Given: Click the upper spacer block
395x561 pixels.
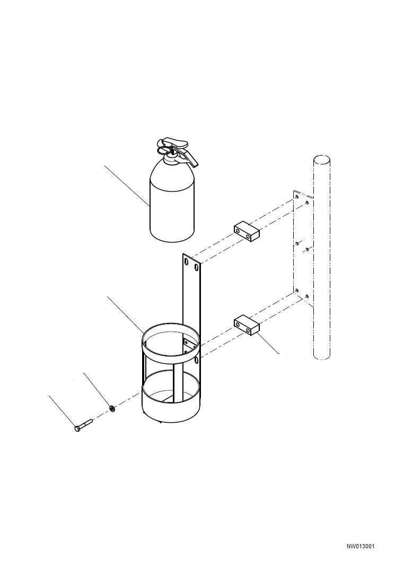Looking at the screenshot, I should tap(247, 231).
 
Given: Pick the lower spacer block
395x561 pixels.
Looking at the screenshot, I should tap(247, 325).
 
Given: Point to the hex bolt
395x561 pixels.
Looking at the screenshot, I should tap(84, 425).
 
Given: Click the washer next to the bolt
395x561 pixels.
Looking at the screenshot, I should tap(112, 408).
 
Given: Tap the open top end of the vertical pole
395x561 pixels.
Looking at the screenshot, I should tap(321, 159).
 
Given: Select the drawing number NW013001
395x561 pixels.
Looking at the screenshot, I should tap(361, 546).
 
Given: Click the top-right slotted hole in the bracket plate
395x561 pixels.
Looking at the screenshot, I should tap(197, 268).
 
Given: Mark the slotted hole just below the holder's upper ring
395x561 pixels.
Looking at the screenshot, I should tap(197, 360).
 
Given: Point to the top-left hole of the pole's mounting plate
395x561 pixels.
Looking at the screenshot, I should tap(296, 197).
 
